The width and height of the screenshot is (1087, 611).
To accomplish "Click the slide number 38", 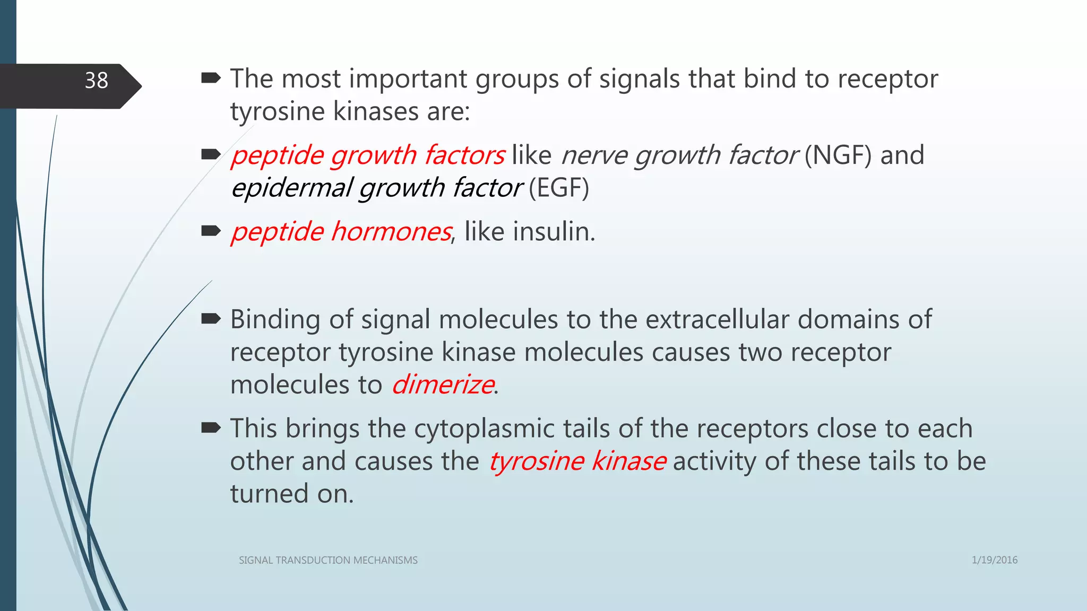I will (96, 81).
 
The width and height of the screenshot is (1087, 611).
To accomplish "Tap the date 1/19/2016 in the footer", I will (994, 560).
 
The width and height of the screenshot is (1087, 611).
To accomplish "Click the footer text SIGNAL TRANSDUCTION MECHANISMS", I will (328, 561).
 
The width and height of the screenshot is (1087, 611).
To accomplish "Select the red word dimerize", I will (443, 385).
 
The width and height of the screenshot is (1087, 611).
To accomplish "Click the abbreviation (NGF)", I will (838, 155).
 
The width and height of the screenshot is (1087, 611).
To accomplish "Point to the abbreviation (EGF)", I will (558, 188).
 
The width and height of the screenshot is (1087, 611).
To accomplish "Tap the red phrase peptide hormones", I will (341, 232).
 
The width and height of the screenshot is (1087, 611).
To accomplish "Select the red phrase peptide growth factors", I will (368, 155).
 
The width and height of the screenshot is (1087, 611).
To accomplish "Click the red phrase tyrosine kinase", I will (577, 461).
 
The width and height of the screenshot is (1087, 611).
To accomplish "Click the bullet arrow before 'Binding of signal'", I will (211, 319).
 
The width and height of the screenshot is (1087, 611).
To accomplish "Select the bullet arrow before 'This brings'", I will (211, 427).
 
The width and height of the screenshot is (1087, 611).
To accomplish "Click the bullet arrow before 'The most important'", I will (211, 79).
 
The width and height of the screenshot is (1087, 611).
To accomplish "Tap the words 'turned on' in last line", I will (291, 494).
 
